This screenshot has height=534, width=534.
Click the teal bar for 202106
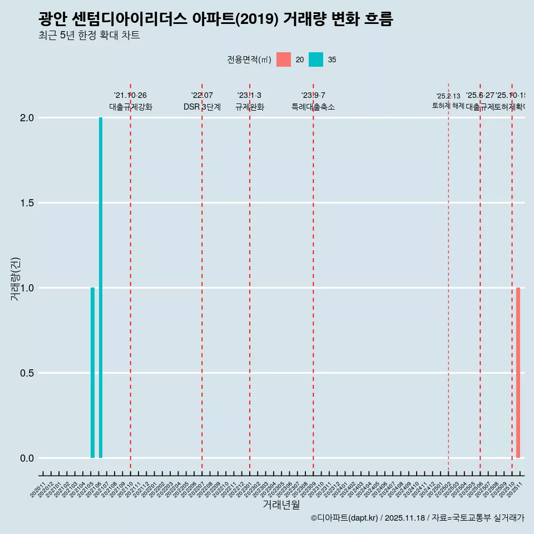(x=101, y=288)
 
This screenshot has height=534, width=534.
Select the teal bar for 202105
(x=92, y=373)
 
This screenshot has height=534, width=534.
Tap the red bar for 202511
(x=518, y=373)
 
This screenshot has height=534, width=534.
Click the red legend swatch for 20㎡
(x=284, y=60)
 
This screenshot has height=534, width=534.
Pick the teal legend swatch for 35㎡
(x=316, y=60)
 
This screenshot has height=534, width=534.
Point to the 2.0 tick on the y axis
(x=28, y=118)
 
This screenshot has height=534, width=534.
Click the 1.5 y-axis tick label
(x=28, y=203)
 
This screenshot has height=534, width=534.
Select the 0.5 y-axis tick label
(x=28, y=373)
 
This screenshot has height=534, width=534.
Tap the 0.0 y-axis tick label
(x=28, y=458)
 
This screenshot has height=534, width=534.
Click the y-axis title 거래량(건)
(x=15, y=279)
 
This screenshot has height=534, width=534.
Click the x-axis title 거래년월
(x=281, y=505)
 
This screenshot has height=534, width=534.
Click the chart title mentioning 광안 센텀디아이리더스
(x=216, y=19)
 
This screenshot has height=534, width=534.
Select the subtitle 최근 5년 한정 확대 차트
(x=89, y=36)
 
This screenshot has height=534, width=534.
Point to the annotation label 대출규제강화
(x=130, y=107)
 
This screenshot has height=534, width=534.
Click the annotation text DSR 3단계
(x=202, y=107)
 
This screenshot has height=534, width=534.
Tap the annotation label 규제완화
(x=249, y=107)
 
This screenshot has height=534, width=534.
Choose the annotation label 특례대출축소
(x=313, y=107)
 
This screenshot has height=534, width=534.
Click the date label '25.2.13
(x=448, y=96)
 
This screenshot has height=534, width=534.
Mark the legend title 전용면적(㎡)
(x=249, y=60)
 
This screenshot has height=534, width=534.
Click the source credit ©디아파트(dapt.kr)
(x=344, y=518)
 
